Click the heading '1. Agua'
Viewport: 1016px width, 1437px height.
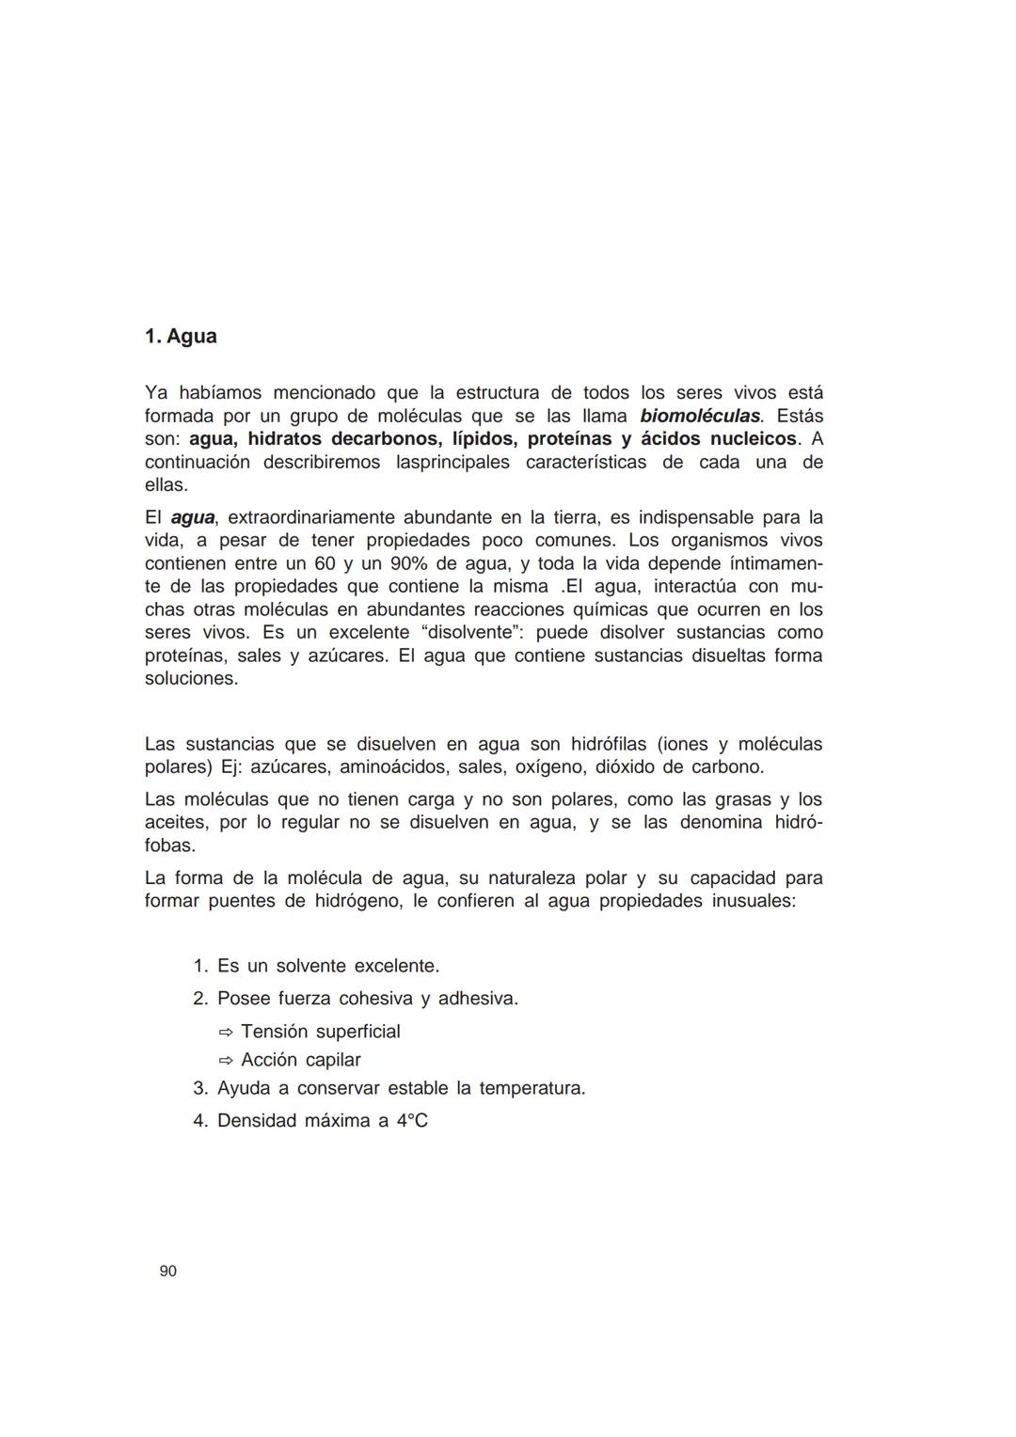pyautogui.click(x=181, y=337)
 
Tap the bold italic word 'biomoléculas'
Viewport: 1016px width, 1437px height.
pyautogui.click(x=700, y=416)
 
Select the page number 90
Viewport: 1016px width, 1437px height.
pyautogui.click(x=168, y=1271)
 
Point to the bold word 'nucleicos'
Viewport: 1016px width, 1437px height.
pyautogui.click(x=746, y=439)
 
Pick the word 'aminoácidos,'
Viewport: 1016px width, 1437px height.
pyautogui.click(x=393, y=767)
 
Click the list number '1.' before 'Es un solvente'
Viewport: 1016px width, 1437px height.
pyautogui.click(x=199, y=967)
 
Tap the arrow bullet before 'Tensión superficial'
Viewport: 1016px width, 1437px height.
pyautogui.click(x=226, y=1033)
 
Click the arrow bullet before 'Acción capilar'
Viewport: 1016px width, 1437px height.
pyautogui.click(x=226, y=1061)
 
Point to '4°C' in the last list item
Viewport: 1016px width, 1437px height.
pyautogui.click(x=412, y=1121)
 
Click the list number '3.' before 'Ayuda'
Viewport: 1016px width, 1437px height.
pyautogui.click(x=199, y=1089)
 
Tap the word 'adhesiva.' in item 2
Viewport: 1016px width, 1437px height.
pyautogui.click(x=478, y=999)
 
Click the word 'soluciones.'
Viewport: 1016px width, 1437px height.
pyautogui.click(x=191, y=679)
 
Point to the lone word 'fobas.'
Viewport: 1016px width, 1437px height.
pyautogui.click(x=169, y=845)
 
